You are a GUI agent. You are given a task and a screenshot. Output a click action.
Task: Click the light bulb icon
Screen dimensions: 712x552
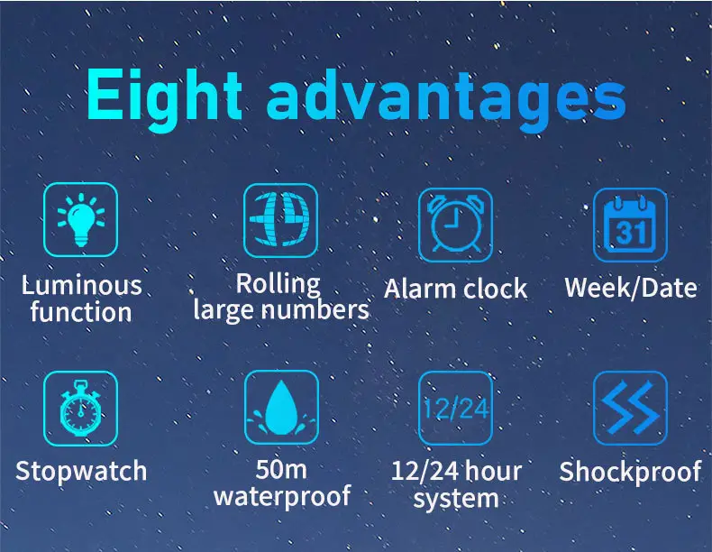coord(81,220)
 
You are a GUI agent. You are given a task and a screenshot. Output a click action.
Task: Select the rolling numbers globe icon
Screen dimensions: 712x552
coord(280,220)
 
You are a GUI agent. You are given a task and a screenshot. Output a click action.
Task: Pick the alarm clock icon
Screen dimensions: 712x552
coord(455,225)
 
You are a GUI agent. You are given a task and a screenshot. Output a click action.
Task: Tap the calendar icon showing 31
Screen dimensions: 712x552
coord(630,225)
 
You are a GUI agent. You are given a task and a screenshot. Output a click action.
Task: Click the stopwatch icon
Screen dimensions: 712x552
coord(81,408)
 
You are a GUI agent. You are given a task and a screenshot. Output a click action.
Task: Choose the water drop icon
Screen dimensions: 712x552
coord(281,407)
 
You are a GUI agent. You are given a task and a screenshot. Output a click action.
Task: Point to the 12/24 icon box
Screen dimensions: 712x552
coord(455,408)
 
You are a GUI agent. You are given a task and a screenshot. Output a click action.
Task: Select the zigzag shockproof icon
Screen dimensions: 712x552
coord(630,408)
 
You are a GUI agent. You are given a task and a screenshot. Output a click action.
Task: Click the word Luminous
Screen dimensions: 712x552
coord(82,285)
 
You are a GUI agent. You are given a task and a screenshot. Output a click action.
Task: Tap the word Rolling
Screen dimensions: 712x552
coord(278,284)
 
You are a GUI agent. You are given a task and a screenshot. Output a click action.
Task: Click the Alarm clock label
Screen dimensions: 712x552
coord(455,289)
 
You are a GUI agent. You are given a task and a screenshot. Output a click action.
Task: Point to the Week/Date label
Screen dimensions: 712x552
coord(631,288)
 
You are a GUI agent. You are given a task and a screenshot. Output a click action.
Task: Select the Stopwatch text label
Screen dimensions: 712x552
coord(81,471)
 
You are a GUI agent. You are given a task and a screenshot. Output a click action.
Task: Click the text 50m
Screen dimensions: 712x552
coord(281,469)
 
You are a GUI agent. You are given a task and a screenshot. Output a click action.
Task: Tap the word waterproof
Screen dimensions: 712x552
coord(282,496)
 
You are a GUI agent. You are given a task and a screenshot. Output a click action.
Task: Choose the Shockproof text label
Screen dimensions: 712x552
coord(630,472)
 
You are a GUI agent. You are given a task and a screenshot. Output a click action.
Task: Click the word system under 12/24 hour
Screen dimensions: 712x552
coord(456,500)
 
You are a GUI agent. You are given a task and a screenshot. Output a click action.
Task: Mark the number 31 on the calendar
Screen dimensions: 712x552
coord(630,233)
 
